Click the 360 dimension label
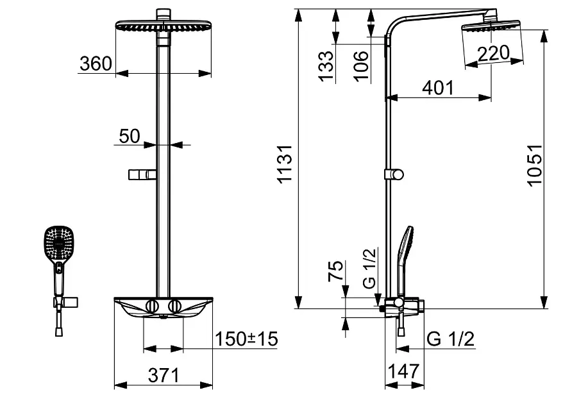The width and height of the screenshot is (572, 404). click(x=96, y=63)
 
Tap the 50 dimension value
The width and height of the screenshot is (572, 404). click(x=130, y=137)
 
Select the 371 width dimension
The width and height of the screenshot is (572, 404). click(x=164, y=375)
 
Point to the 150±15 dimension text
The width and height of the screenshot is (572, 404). click(x=246, y=339)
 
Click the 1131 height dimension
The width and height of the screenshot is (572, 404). click(x=285, y=164)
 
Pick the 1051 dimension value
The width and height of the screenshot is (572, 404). click(x=535, y=165)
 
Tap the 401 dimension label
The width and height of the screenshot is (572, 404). click(x=438, y=88)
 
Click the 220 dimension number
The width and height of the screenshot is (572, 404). click(x=493, y=54)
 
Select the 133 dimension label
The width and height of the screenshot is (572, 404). click(x=326, y=65)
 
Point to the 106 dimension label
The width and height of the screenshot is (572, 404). click(x=361, y=66)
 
